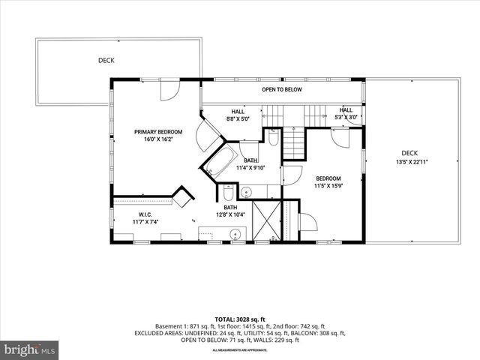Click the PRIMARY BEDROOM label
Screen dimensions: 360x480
[158, 132]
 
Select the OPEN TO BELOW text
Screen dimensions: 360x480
[281, 89]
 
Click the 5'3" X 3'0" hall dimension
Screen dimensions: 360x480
[347, 118]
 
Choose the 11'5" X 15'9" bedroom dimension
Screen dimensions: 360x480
[328, 186]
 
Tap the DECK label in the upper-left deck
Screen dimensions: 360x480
[106, 60]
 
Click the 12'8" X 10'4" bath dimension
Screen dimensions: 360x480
[230, 215]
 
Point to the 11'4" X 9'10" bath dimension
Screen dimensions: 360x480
[250, 168]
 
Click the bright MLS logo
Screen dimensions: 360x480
[30, 349]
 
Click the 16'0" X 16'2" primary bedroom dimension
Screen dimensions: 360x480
[158, 139]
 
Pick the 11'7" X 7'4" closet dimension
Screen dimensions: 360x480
[125, 221]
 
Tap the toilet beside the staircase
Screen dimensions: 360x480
[273, 139]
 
